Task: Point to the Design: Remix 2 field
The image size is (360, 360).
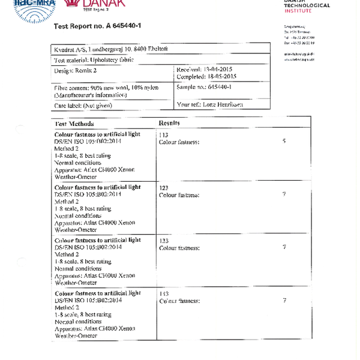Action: tap(75, 71)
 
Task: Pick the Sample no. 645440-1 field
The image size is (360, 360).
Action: tap(204, 87)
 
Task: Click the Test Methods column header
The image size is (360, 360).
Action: tap(74, 124)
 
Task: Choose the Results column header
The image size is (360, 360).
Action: tap(169, 123)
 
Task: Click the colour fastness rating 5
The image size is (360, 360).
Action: tap(284, 141)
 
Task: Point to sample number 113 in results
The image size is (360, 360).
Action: tap(163, 135)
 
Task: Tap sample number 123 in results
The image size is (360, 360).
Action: tap(163, 188)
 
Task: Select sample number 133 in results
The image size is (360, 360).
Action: tap(163, 241)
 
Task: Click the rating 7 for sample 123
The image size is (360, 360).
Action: tap(284, 194)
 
